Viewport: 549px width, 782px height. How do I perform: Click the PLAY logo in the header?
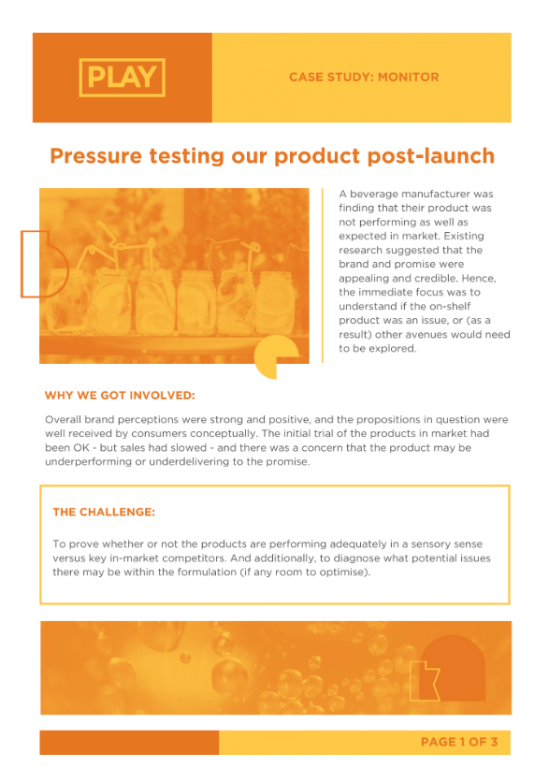pos(123,78)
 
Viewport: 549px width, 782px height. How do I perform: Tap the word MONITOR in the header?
pos(408,78)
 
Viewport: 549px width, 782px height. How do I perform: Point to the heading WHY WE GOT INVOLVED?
pos(120,396)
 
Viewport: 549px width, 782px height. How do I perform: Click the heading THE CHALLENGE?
pos(104,513)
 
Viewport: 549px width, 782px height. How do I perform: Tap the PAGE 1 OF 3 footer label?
pos(459,743)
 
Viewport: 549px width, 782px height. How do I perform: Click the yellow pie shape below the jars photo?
pos(280,360)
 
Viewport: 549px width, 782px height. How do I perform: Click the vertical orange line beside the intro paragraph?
pos(323,275)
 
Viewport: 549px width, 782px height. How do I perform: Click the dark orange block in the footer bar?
pos(129,743)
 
